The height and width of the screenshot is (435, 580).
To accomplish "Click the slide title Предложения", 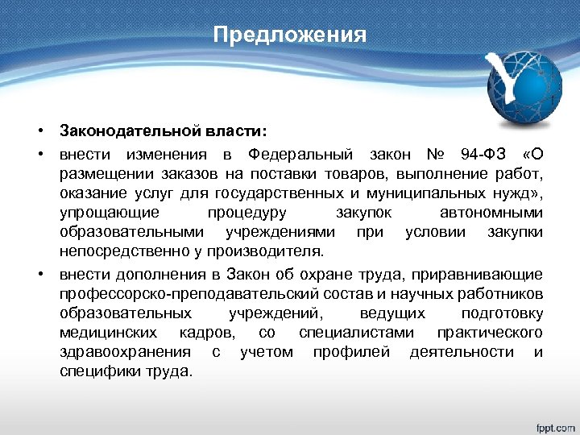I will pyautogui.click(x=290, y=36).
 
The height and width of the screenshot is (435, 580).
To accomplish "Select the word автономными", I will pyautogui.click(x=491, y=213).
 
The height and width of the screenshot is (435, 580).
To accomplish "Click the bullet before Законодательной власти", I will pyautogui.click(x=38, y=130).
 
